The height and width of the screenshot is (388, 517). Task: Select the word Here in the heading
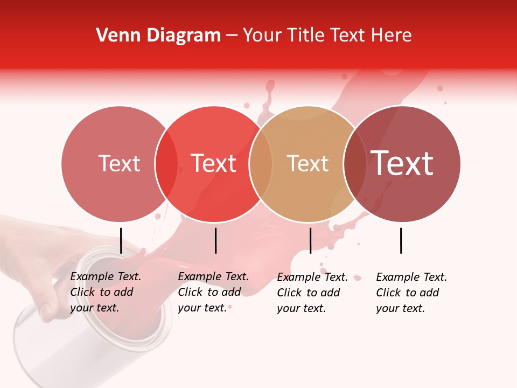click(x=393, y=36)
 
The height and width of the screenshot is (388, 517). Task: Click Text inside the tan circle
click(x=308, y=164)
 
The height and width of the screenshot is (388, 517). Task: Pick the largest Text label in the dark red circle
click(x=402, y=163)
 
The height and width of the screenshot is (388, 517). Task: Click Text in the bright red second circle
click(x=214, y=164)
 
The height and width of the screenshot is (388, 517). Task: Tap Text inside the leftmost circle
click(x=119, y=164)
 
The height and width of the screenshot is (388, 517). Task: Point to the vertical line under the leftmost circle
click(x=121, y=240)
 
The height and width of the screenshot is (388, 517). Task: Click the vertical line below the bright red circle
click(x=215, y=240)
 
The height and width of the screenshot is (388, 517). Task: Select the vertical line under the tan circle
click(x=310, y=240)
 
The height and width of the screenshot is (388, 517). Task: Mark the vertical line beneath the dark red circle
click(x=401, y=240)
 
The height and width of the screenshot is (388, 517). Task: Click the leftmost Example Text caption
click(x=105, y=292)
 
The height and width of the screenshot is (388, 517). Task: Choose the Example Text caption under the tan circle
click(x=312, y=293)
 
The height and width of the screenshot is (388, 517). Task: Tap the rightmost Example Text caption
click(x=411, y=293)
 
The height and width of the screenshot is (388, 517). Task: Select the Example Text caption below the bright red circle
click(x=213, y=292)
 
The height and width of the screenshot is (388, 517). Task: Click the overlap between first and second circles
click(x=166, y=164)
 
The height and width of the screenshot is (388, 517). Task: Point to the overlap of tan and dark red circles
click(x=355, y=164)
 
